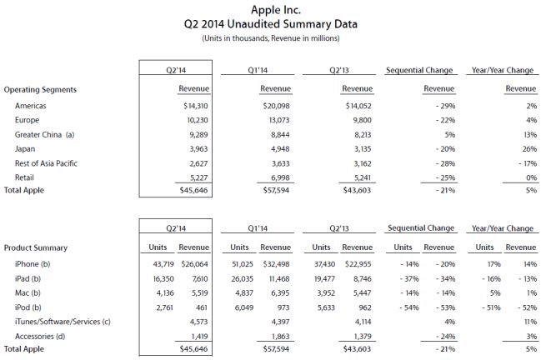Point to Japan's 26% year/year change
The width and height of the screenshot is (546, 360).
526,147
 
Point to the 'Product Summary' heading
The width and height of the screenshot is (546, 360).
37,247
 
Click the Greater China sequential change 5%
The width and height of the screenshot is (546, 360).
445,133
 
